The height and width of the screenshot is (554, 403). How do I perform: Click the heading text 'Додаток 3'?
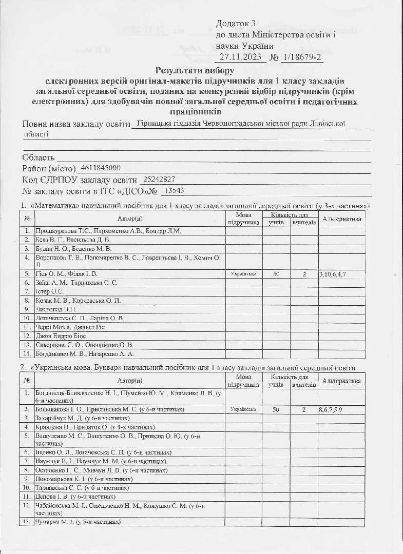click(x=236, y=24)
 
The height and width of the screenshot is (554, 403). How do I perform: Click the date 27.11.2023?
click(x=240, y=56)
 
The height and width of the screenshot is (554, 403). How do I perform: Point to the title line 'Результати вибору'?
click(x=195, y=70)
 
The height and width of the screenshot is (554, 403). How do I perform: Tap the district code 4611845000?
click(x=101, y=168)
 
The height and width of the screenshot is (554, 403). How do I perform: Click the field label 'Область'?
click(x=39, y=157)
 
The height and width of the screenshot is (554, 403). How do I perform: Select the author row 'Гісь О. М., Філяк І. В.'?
click(x=67, y=274)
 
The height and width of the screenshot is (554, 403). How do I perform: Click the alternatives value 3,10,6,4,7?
click(x=333, y=274)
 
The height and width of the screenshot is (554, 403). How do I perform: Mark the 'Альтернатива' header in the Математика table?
click(x=341, y=219)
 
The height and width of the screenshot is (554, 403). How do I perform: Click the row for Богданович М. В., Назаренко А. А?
click(x=85, y=354)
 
